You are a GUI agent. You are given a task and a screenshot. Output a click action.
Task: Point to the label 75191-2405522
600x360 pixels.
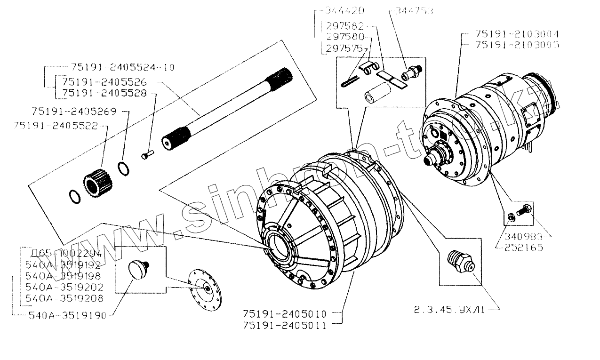pos(56,126)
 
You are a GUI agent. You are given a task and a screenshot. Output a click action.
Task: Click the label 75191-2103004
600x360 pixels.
pos(517,34)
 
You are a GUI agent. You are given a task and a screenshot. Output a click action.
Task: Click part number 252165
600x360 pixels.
pos(524,247)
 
